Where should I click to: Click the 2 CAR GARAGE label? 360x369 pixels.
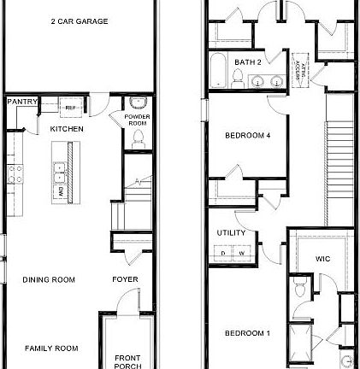coord(79,21)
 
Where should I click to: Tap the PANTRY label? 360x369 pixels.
coord(21,102)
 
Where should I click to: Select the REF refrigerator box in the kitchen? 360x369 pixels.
coord(70,108)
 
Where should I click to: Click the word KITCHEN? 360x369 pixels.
coord(67,128)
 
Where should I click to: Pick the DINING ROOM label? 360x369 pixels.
coord(49,279)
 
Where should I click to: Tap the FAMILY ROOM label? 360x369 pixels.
coord(50,348)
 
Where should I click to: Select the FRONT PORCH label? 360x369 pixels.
coord(128,361)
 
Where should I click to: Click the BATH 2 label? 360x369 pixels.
coord(247,62)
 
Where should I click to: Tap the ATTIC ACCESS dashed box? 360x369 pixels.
coord(301,72)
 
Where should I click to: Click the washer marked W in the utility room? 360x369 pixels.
coord(241,253)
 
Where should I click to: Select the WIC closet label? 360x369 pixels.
coord(322,258)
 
